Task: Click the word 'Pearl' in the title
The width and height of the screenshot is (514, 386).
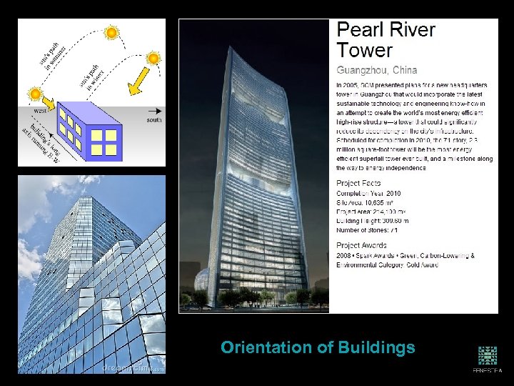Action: point(363,31)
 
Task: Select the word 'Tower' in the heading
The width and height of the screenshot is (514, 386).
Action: point(365,51)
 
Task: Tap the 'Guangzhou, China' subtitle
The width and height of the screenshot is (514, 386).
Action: point(377,70)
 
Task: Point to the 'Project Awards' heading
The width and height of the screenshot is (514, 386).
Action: point(367,245)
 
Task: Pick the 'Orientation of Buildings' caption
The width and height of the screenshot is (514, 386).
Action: point(318,348)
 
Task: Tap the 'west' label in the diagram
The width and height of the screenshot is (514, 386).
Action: point(40,111)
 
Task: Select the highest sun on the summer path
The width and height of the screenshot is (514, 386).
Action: point(111,32)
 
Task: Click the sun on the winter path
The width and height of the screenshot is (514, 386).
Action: point(153,58)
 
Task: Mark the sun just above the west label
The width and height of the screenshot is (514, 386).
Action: point(34,94)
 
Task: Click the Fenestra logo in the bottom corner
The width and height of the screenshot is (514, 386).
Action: point(488,360)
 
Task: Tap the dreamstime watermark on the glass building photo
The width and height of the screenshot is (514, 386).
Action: point(133,368)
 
